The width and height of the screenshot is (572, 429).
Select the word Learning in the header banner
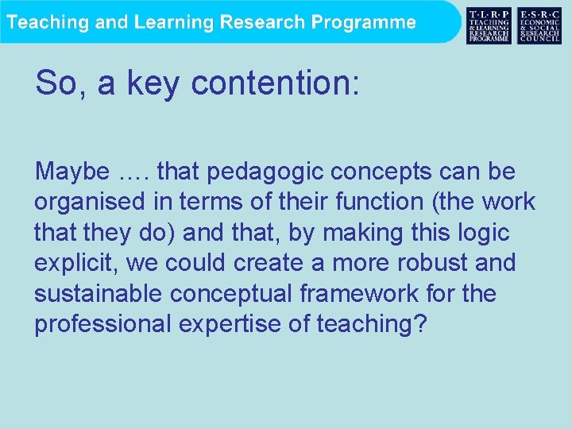tap(174, 22)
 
